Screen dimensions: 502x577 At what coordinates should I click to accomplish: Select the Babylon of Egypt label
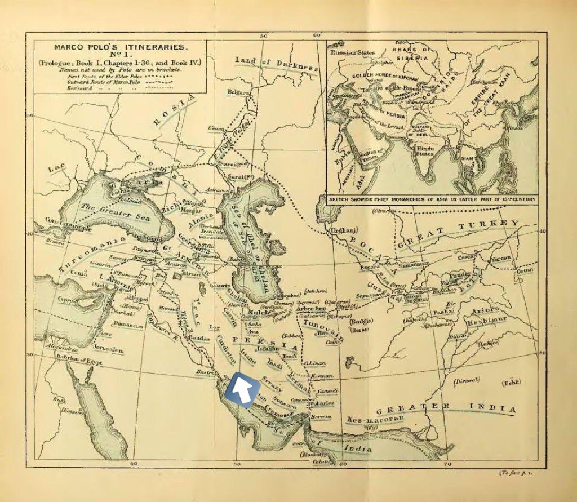coord(78,362)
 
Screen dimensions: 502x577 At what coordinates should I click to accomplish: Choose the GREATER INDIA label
coord(446,408)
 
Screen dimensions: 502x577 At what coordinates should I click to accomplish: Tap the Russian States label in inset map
coord(353,53)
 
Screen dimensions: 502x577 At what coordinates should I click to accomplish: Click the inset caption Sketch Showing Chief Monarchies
coord(431,199)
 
